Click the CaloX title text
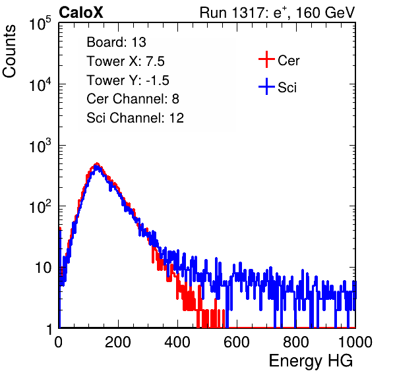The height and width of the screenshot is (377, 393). click(x=81, y=13)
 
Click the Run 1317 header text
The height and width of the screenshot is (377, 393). click(x=277, y=13)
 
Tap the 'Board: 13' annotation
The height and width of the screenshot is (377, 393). click(x=116, y=42)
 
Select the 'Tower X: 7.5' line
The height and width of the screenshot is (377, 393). click(x=125, y=61)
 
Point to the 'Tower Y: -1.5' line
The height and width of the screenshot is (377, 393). click(x=128, y=80)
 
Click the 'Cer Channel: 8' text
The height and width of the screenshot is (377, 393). click(x=133, y=99)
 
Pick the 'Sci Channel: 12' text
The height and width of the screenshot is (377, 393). click(x=135, y=118)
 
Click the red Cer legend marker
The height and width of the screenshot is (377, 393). click(x=266, y=59)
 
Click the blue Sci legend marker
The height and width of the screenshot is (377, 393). click(x=266, y=87)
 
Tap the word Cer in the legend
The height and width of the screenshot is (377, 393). click(x=288, y=61)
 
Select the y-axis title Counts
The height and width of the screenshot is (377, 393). click(x=9, y=51)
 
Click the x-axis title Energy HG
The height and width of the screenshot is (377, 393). click(x=311, y=361)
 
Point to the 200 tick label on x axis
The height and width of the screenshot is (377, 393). click(x=118, y=342)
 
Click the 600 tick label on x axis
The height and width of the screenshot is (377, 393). click(x=237, y=342)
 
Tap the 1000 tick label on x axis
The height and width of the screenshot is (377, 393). click(x=355, y=342)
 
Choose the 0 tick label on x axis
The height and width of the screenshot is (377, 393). click(x=58, y=342)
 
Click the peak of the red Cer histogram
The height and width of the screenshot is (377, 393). click(x=97, y=163)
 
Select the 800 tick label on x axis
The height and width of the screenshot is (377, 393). click(x=296, y=342)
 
